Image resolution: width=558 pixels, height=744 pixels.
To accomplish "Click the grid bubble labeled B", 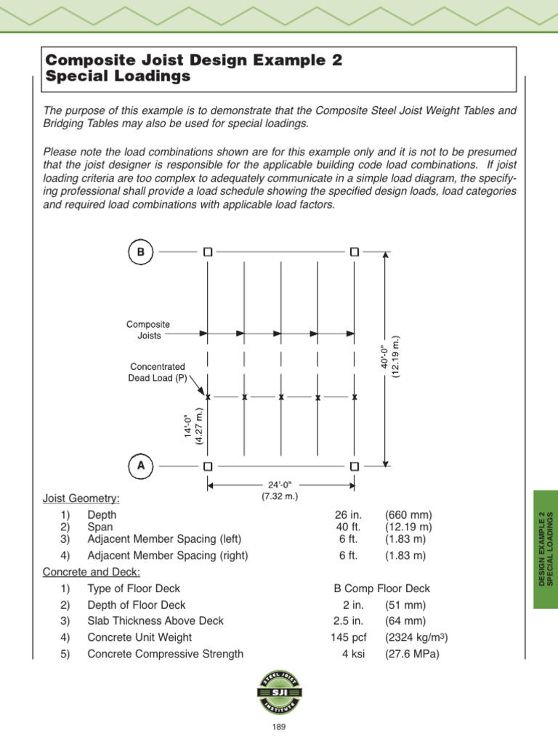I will (141, 252).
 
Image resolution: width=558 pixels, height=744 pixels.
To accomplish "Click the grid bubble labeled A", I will (141, 465).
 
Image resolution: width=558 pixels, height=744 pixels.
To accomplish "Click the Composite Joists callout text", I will (148, 330).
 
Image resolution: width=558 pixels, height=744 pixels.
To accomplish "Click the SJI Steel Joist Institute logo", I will (279, 693).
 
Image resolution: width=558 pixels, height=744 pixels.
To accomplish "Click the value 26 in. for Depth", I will (344, 514).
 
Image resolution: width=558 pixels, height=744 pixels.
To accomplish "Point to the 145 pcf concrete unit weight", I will (345, 637).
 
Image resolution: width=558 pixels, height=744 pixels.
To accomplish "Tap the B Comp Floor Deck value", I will (381, 589).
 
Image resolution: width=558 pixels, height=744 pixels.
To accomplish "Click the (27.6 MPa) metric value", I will (412, 653).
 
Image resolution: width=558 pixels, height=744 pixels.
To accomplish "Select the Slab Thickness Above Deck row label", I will (155, 620).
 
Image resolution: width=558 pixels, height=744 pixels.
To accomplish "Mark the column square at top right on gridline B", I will (354, 252).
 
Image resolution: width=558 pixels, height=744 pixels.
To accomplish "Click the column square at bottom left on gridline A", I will (208, 465).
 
